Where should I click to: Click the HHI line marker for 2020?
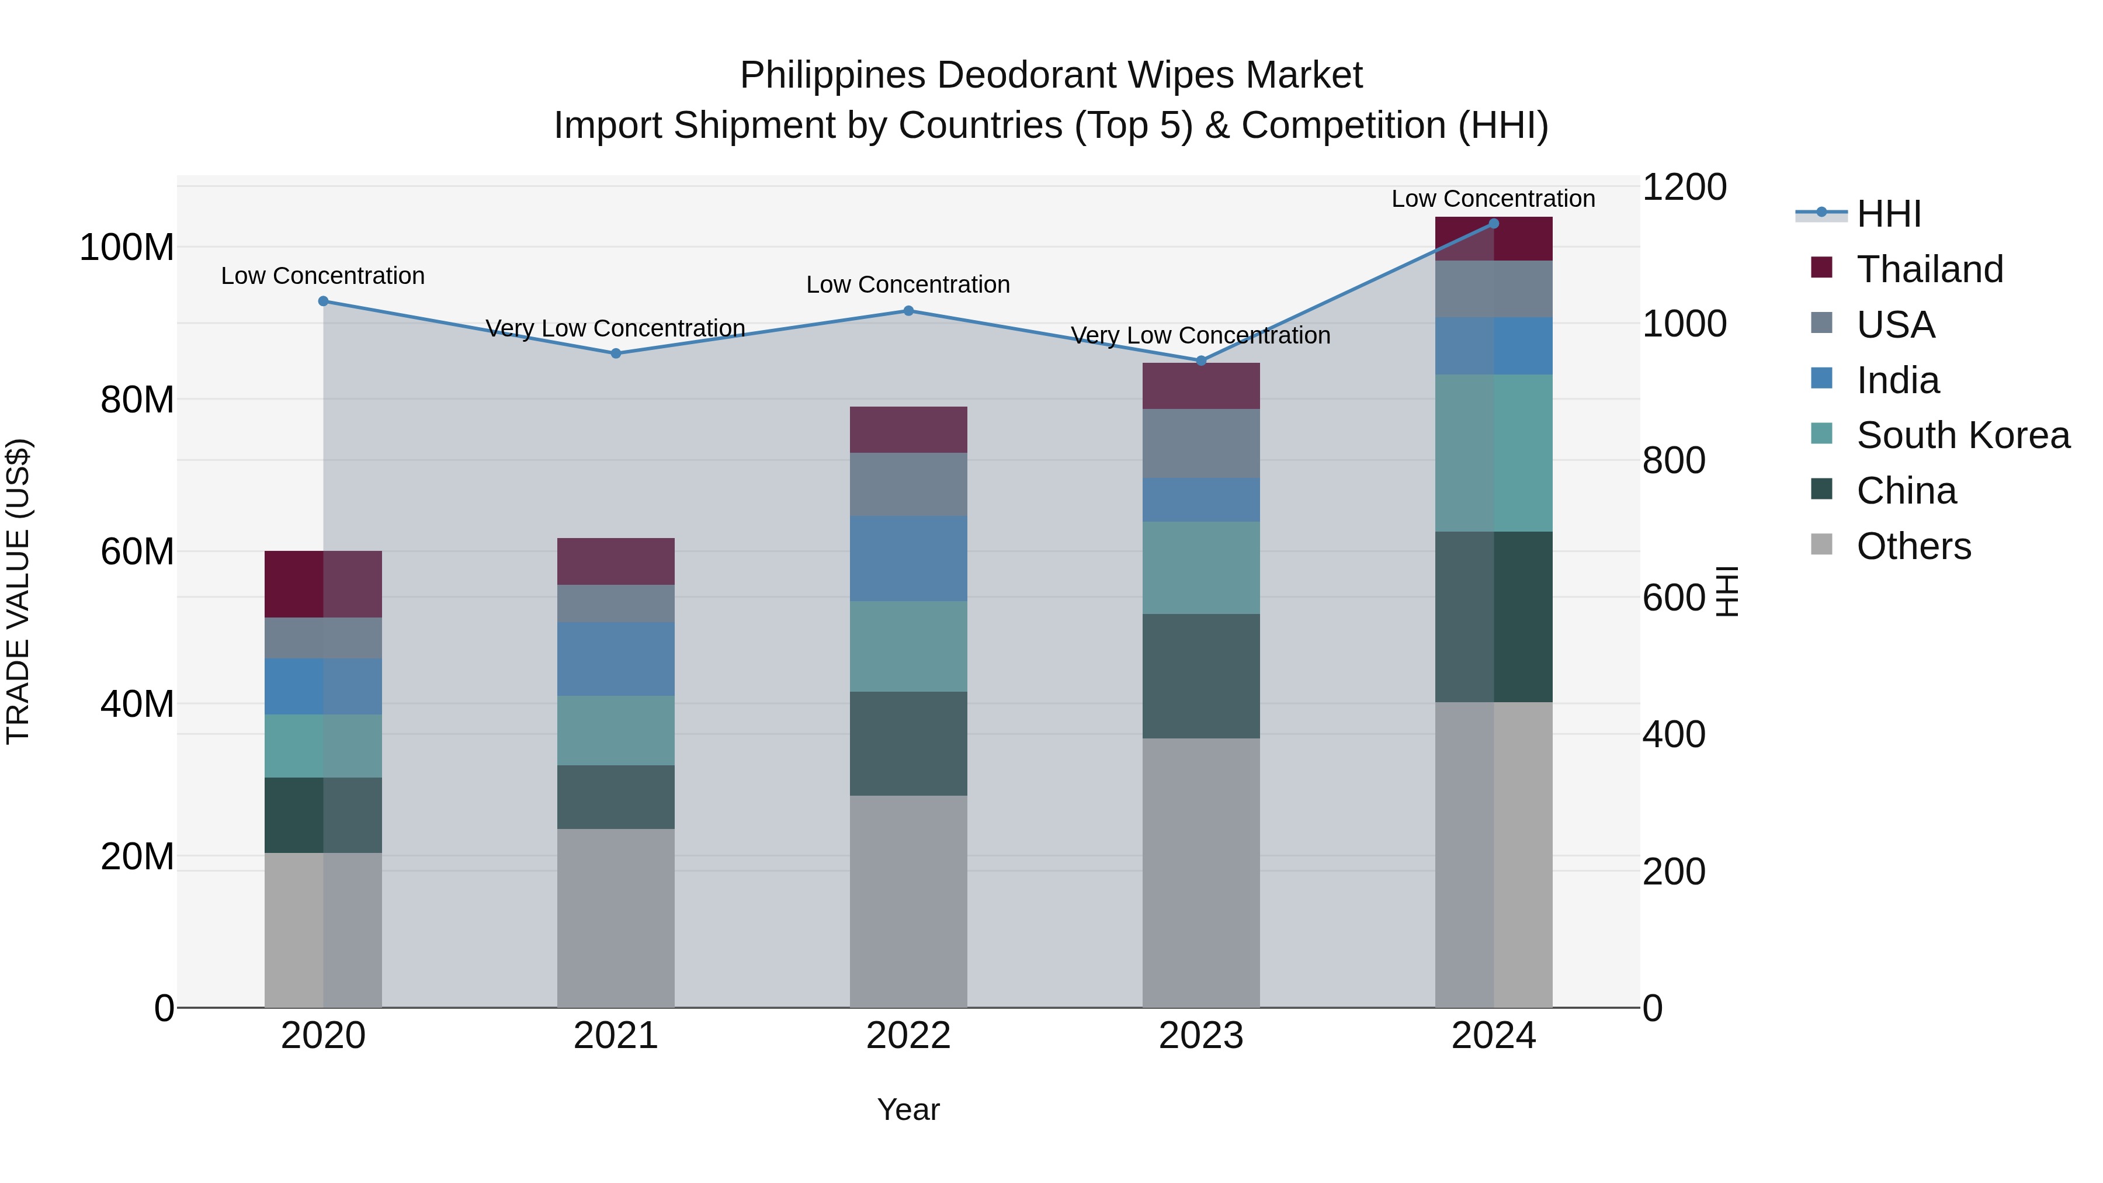coord(323,301)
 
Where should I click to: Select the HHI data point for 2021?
coord(616,353)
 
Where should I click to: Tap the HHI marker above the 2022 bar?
coord(908,311)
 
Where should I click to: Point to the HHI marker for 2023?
coord(1201,361)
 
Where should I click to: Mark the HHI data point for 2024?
coord(1494,224)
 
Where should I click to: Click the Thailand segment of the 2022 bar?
coord(908,429)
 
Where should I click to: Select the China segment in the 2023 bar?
coord(1201,676)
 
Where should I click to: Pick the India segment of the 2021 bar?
coord(616,659)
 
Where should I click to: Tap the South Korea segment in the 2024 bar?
coord(1494,453)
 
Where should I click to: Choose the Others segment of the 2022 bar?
coord(908,901)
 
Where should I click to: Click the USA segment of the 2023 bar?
coord(1201,443)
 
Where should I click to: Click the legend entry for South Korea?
coord(1963,435)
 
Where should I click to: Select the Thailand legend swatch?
coord(1821,268)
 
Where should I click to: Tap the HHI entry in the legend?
coord(1888,214)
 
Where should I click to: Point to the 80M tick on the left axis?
coord(137,400)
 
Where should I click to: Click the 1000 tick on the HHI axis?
coord(1684,324)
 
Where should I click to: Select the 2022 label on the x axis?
coord(908,1036)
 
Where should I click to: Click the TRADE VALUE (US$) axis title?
coord(19,591)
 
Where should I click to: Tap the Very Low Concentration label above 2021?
coord(616,328)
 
